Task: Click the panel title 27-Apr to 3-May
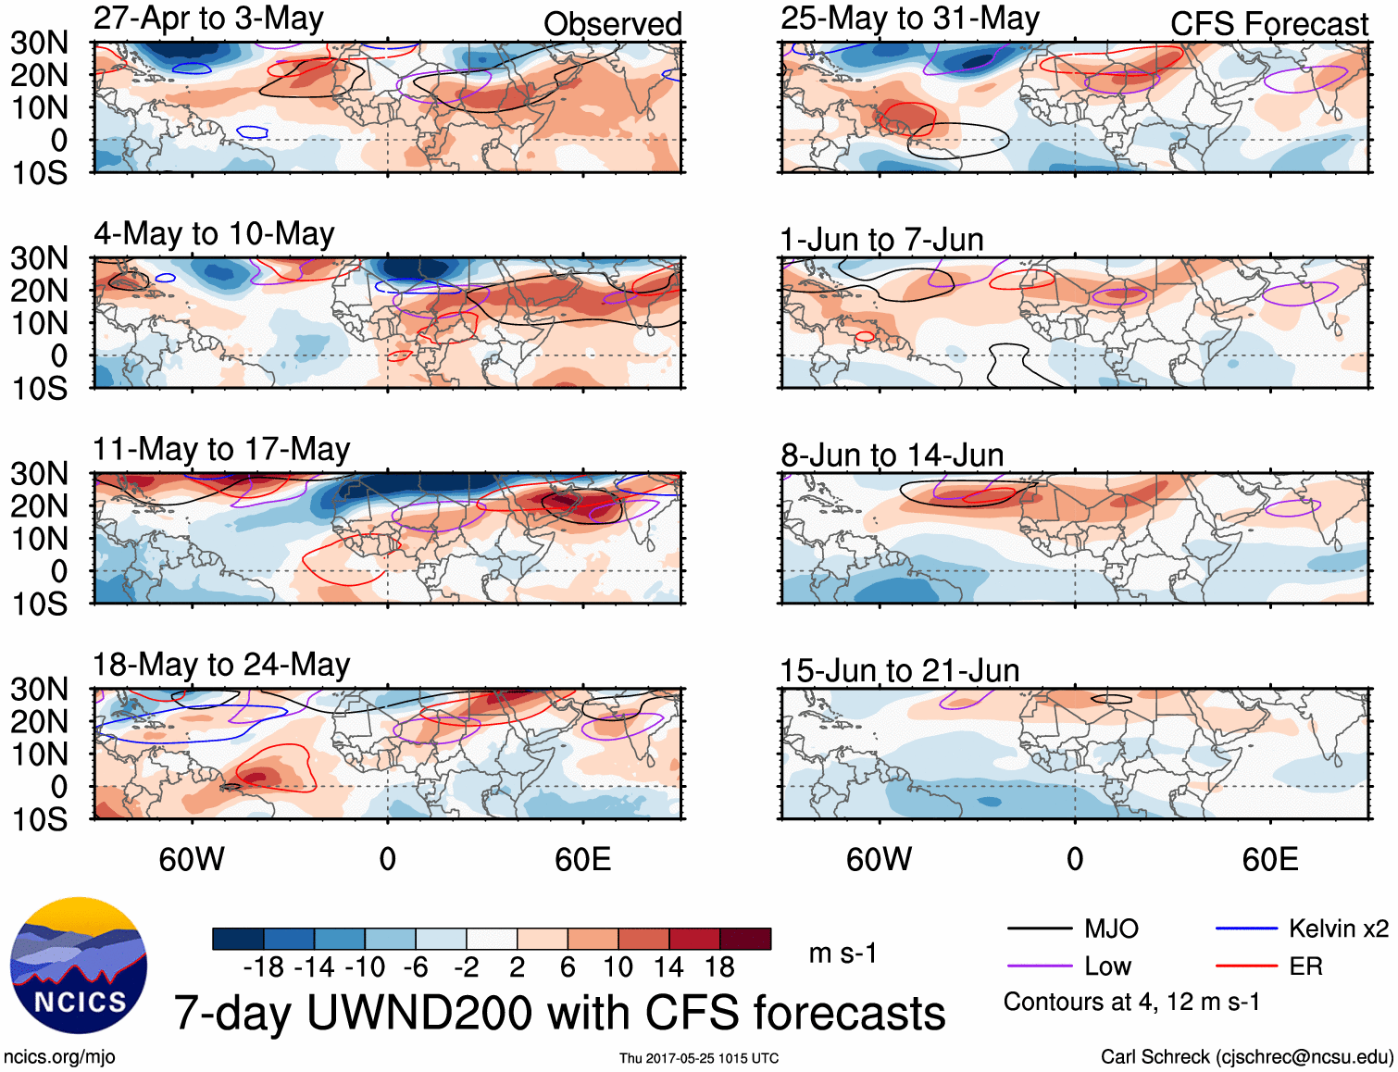[x=208, y=19]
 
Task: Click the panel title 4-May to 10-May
[x=214, y=234]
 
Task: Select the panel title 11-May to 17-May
[x=221, y=450]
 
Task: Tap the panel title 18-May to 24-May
[x=221, y=666]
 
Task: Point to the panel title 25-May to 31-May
[x=909, y=19]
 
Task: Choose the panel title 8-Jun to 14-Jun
[x=892, y=455]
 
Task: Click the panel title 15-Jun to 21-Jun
[x=899, y=671]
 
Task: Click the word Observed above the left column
[x=612, y=24]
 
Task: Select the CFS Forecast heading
[x=1268, y=24]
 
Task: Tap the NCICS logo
[x=79, y=966]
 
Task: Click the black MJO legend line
[x=1039, y=929]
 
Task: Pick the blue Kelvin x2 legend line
[x=1246, y=929]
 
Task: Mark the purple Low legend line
[x=1039, y=966]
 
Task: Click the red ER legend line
[x=1246, y=966]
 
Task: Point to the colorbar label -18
[x=264, y=967]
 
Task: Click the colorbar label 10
[x=618, y=967]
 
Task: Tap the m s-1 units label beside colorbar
[x=843, y=954]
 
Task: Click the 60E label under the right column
[x=1269, y=860]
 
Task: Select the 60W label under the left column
[x=192, y=860]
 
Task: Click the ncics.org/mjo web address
[x=59, y=1057]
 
